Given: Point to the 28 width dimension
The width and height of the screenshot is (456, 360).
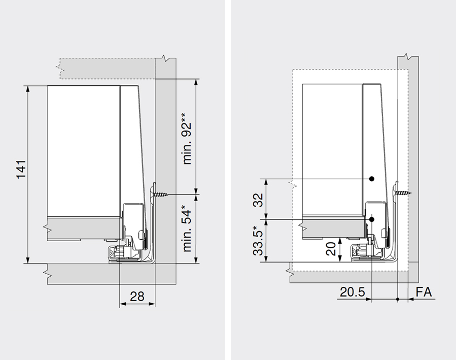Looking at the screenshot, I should point(137,296).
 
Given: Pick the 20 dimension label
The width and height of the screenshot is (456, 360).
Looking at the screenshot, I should point(330,249).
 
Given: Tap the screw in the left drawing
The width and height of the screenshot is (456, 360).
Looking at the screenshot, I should point(162,194).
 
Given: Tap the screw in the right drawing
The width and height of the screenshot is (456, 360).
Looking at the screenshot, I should point(404,193).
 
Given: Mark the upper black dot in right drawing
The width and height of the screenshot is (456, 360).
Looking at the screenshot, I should point(372,179).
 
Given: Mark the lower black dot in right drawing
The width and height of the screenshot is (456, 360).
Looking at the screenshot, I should point(372,219).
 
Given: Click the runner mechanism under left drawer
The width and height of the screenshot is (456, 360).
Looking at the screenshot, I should point(124,252).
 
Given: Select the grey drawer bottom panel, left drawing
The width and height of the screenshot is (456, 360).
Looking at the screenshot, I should point(84,223).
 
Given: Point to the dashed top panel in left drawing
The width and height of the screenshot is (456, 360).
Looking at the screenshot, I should point(107,68).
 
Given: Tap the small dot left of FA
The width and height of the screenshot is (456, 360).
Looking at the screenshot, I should point(398,299).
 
